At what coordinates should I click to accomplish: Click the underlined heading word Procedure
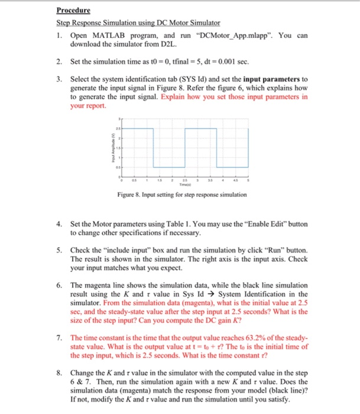click(73, 10)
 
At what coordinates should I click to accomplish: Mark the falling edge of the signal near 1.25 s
click(153, 148)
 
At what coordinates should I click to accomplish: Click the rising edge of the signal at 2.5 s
click(184, 148)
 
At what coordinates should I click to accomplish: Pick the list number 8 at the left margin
click(59, 374)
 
